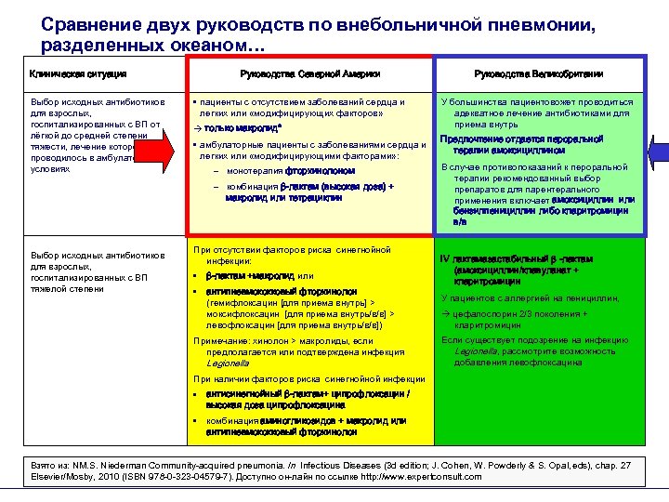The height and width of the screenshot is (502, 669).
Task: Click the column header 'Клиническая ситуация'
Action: [79, 73]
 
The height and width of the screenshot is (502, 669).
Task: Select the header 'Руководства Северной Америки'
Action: [308, 73]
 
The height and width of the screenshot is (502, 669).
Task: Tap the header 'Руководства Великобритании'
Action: [538, 73]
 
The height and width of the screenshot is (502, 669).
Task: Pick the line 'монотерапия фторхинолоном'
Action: [291, 171]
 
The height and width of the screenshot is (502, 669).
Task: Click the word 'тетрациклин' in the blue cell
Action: [295, 197]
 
